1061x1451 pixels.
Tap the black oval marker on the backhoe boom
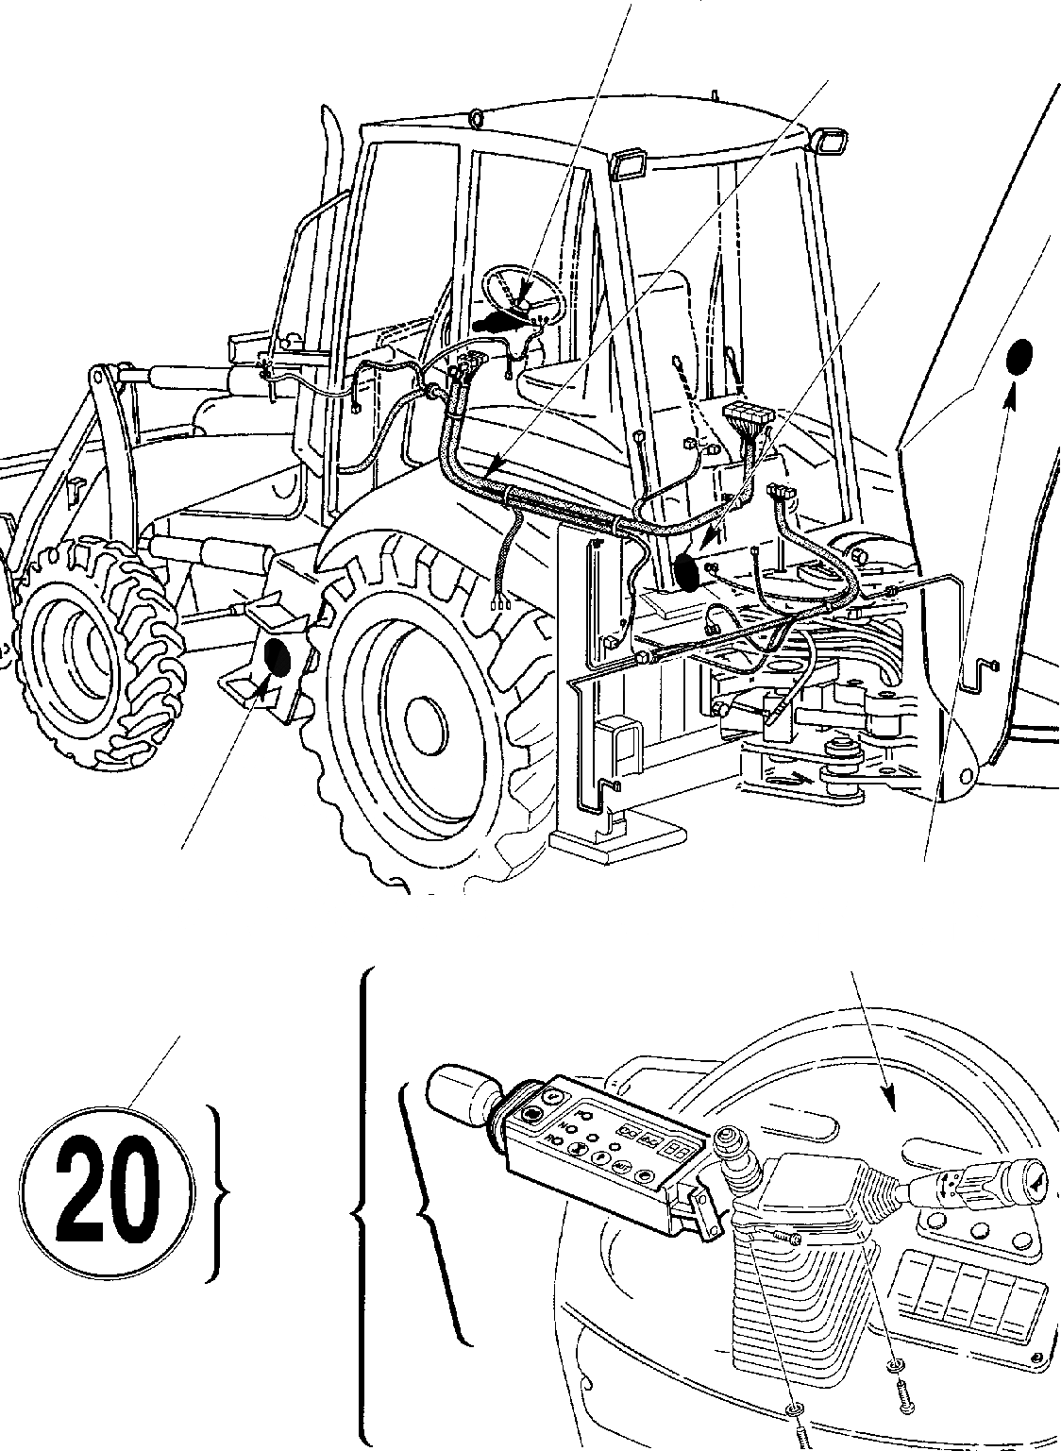click(x=1019, y=358)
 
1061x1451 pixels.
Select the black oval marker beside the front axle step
click(x=279, y=657)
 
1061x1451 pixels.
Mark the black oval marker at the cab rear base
click(x=689, y=573)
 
